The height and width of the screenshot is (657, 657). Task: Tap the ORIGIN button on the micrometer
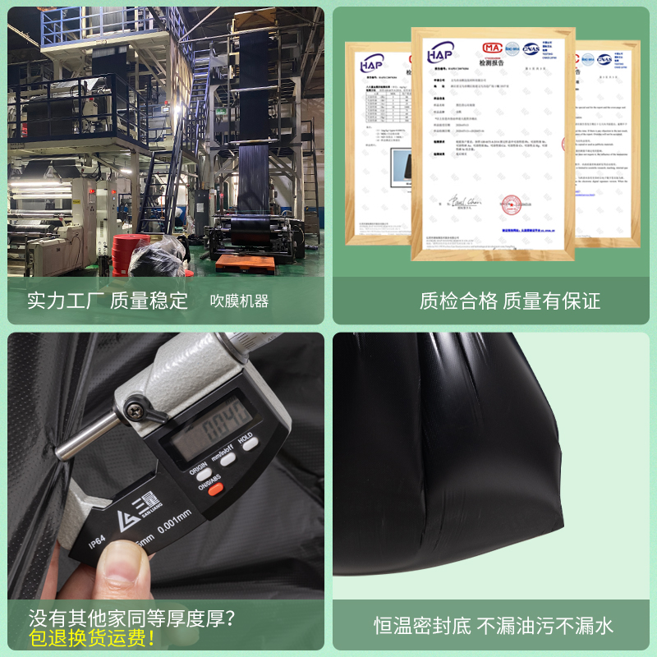(200, 471)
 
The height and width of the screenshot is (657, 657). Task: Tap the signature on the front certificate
(464, 200)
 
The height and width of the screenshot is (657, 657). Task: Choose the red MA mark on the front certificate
(493, 48)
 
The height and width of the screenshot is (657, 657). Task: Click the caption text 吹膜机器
(239, 301)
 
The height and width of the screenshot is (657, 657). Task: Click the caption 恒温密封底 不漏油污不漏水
(494, 627)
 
